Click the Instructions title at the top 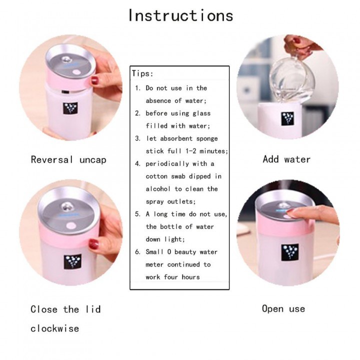tap(180, 15)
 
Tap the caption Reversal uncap tap(68, 159)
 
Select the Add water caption tap(286, 159)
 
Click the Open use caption tap(283, 309)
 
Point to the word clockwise tap(54, 328)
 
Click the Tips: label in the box tap(142, 73)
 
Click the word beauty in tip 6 tap(185, 252)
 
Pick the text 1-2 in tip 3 tap(191, 151)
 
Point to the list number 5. tap(138, 214)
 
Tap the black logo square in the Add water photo tap(287, 118)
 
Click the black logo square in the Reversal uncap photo tap(70, 108)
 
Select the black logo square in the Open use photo tap(290, 252)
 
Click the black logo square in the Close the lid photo tap(72, 261)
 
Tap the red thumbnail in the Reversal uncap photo tap(94, 81)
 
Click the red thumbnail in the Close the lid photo tap(93, 244)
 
